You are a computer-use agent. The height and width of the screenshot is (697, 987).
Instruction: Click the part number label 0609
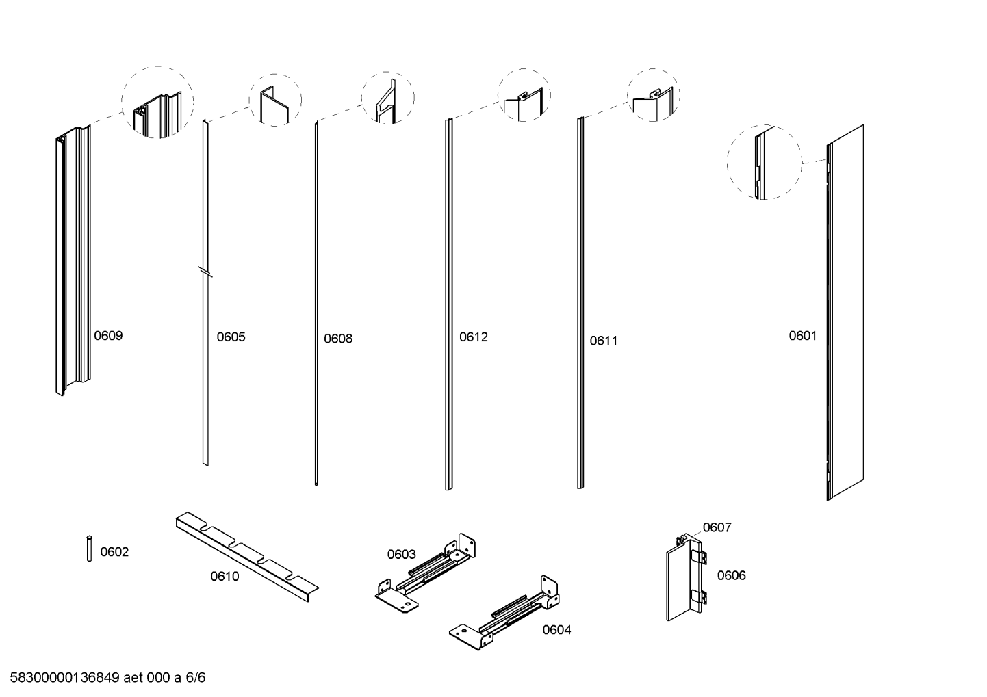pyautogui.click(x=108, y=336)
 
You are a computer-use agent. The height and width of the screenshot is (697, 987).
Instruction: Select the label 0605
pyautogui.click(x=231, y=337)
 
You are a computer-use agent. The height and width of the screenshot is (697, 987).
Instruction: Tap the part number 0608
pyautogui.click(x=338, y=339)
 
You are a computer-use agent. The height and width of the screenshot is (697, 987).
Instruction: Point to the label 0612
pyautogui.click(x=474, y=337)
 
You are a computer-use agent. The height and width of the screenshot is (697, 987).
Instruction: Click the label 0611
pyautogui.click(x=604, y=341)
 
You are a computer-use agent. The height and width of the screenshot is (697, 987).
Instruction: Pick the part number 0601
pyautogui.click(x=803, y=336)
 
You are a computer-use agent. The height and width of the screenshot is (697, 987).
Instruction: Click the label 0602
pyautogui.click(x=114, y=552)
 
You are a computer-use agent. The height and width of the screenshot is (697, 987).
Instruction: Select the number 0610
pyautogui.click(x=225, y=577)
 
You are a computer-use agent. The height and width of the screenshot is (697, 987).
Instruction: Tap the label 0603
pyautogui.click(x=401, y=554)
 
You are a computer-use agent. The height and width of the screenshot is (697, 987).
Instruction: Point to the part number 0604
pyautogui.click(x=556, y=630)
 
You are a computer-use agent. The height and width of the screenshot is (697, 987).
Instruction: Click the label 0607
pyautogui.click(x=717, y=527)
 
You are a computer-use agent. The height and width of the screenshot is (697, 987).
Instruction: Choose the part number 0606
pyautogui.click(x=732, y=575)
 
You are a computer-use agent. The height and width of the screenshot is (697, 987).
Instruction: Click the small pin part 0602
pyautogui.click(x=90, y=548)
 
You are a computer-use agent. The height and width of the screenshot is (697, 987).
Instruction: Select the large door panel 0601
pyautogui.click(x=845, y=312)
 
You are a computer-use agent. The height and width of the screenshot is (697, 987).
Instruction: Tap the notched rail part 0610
pyautogui.click(x=246, y=557)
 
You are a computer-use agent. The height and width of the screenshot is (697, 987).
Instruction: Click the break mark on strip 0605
pyautogui.click(x=205, y=272)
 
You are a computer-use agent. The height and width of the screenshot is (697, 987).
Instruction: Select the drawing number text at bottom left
pyautogui.click(x=107, y=678)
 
